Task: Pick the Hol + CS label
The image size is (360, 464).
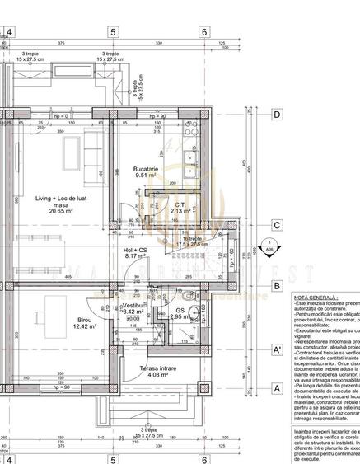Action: pos(134,248)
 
